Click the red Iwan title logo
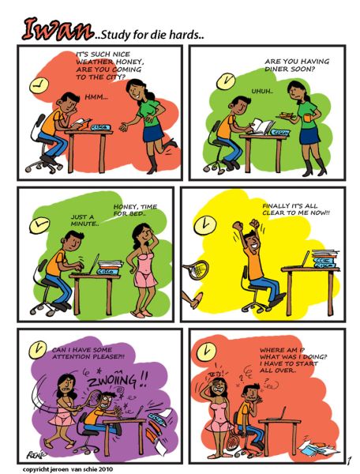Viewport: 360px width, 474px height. [57, 29]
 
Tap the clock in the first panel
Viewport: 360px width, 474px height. [39, 85]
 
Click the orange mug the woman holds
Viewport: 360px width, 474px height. [307, 117]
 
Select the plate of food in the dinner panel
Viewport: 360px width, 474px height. [287, 116]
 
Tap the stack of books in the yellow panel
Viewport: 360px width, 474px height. [325, 259]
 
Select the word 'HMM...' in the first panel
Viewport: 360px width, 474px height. [96, 97]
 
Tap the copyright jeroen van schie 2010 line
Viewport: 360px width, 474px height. [68, 469]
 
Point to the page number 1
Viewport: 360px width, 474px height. [349, 461]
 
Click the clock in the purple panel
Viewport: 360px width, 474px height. [38, 350]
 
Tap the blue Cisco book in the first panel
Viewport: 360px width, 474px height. [100, 127]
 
